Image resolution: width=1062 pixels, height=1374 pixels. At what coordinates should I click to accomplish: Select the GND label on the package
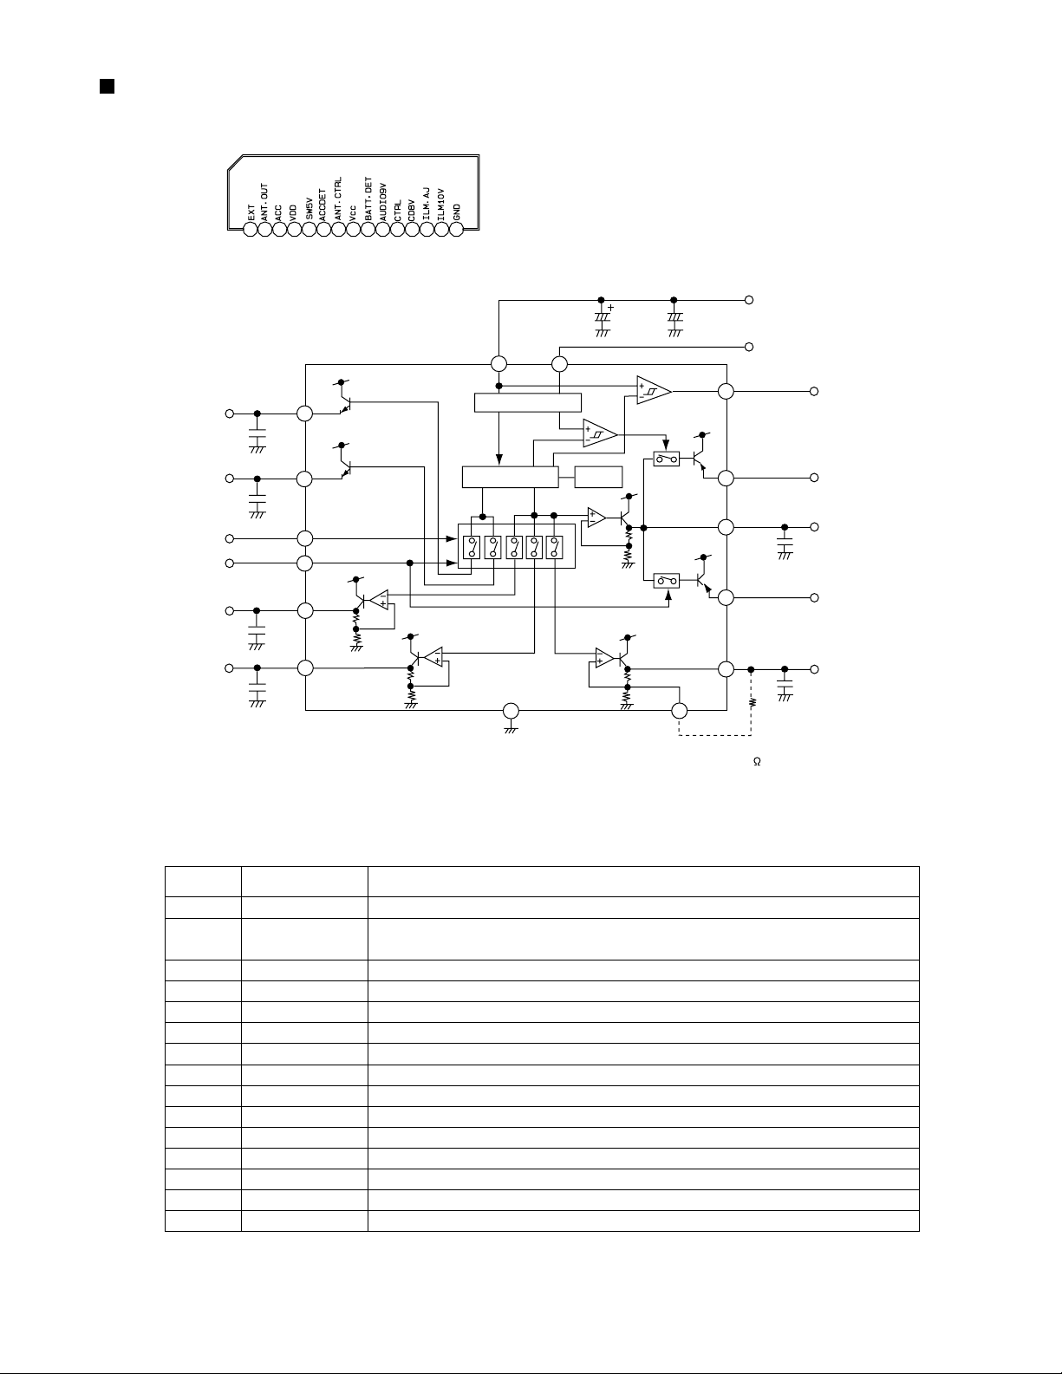457,212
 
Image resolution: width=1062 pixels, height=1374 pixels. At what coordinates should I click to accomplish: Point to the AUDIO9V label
382,203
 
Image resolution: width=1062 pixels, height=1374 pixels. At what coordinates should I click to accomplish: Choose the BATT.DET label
368,200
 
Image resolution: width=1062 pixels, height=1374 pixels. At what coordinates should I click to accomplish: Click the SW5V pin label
309,209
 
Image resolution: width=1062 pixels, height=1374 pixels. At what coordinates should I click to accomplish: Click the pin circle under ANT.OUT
264,231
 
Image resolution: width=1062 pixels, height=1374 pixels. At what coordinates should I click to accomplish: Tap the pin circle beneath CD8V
412,231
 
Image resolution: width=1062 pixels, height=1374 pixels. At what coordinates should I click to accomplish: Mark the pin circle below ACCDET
323,231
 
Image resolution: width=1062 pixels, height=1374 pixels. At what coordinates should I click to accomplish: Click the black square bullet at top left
106,86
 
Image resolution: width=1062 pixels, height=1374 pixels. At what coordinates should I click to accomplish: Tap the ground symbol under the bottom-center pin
510,731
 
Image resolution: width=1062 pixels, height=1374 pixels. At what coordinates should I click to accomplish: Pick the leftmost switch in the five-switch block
472,547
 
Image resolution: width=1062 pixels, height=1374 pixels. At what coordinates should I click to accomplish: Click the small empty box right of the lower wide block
598,477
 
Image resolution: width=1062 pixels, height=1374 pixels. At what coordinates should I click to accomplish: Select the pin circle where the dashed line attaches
680,711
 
